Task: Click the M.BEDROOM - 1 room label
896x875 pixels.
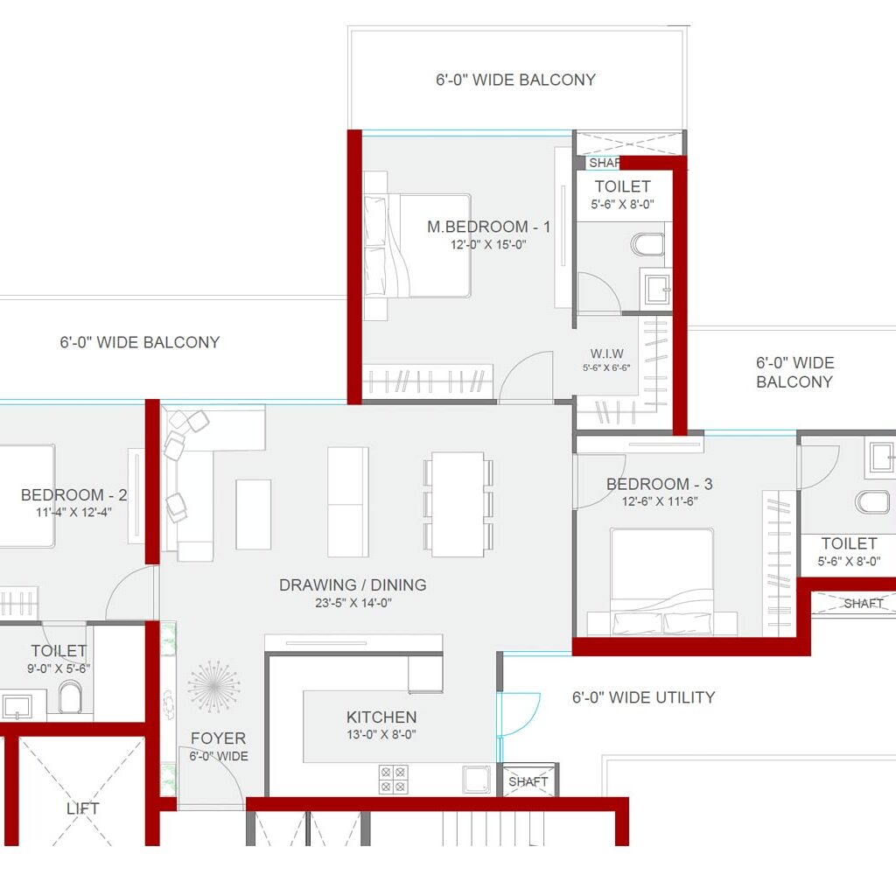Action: [488, 227]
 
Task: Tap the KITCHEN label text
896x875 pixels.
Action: [381, 717]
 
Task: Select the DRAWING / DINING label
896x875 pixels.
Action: [353, 584]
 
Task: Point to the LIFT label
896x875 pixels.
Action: [82, 808]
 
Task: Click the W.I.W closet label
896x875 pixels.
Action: [606, 353]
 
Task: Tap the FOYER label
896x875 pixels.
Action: [218, 738]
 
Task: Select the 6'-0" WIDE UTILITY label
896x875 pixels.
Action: [643, 697]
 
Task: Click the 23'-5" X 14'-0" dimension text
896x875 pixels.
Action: [353, 603]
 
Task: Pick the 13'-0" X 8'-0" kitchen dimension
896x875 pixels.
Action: [381, 735]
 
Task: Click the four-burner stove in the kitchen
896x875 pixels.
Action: [393, 779]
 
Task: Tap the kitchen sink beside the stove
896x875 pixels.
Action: [477, 778]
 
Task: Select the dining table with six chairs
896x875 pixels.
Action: [458, 504]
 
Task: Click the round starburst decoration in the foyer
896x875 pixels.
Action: [213, 686]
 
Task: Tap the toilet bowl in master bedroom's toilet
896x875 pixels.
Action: [648, 242]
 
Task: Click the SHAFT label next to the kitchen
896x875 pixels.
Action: [528, 781]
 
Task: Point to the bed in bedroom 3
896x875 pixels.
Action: [661, 582]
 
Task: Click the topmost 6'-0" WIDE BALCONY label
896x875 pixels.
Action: [515, 80]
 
